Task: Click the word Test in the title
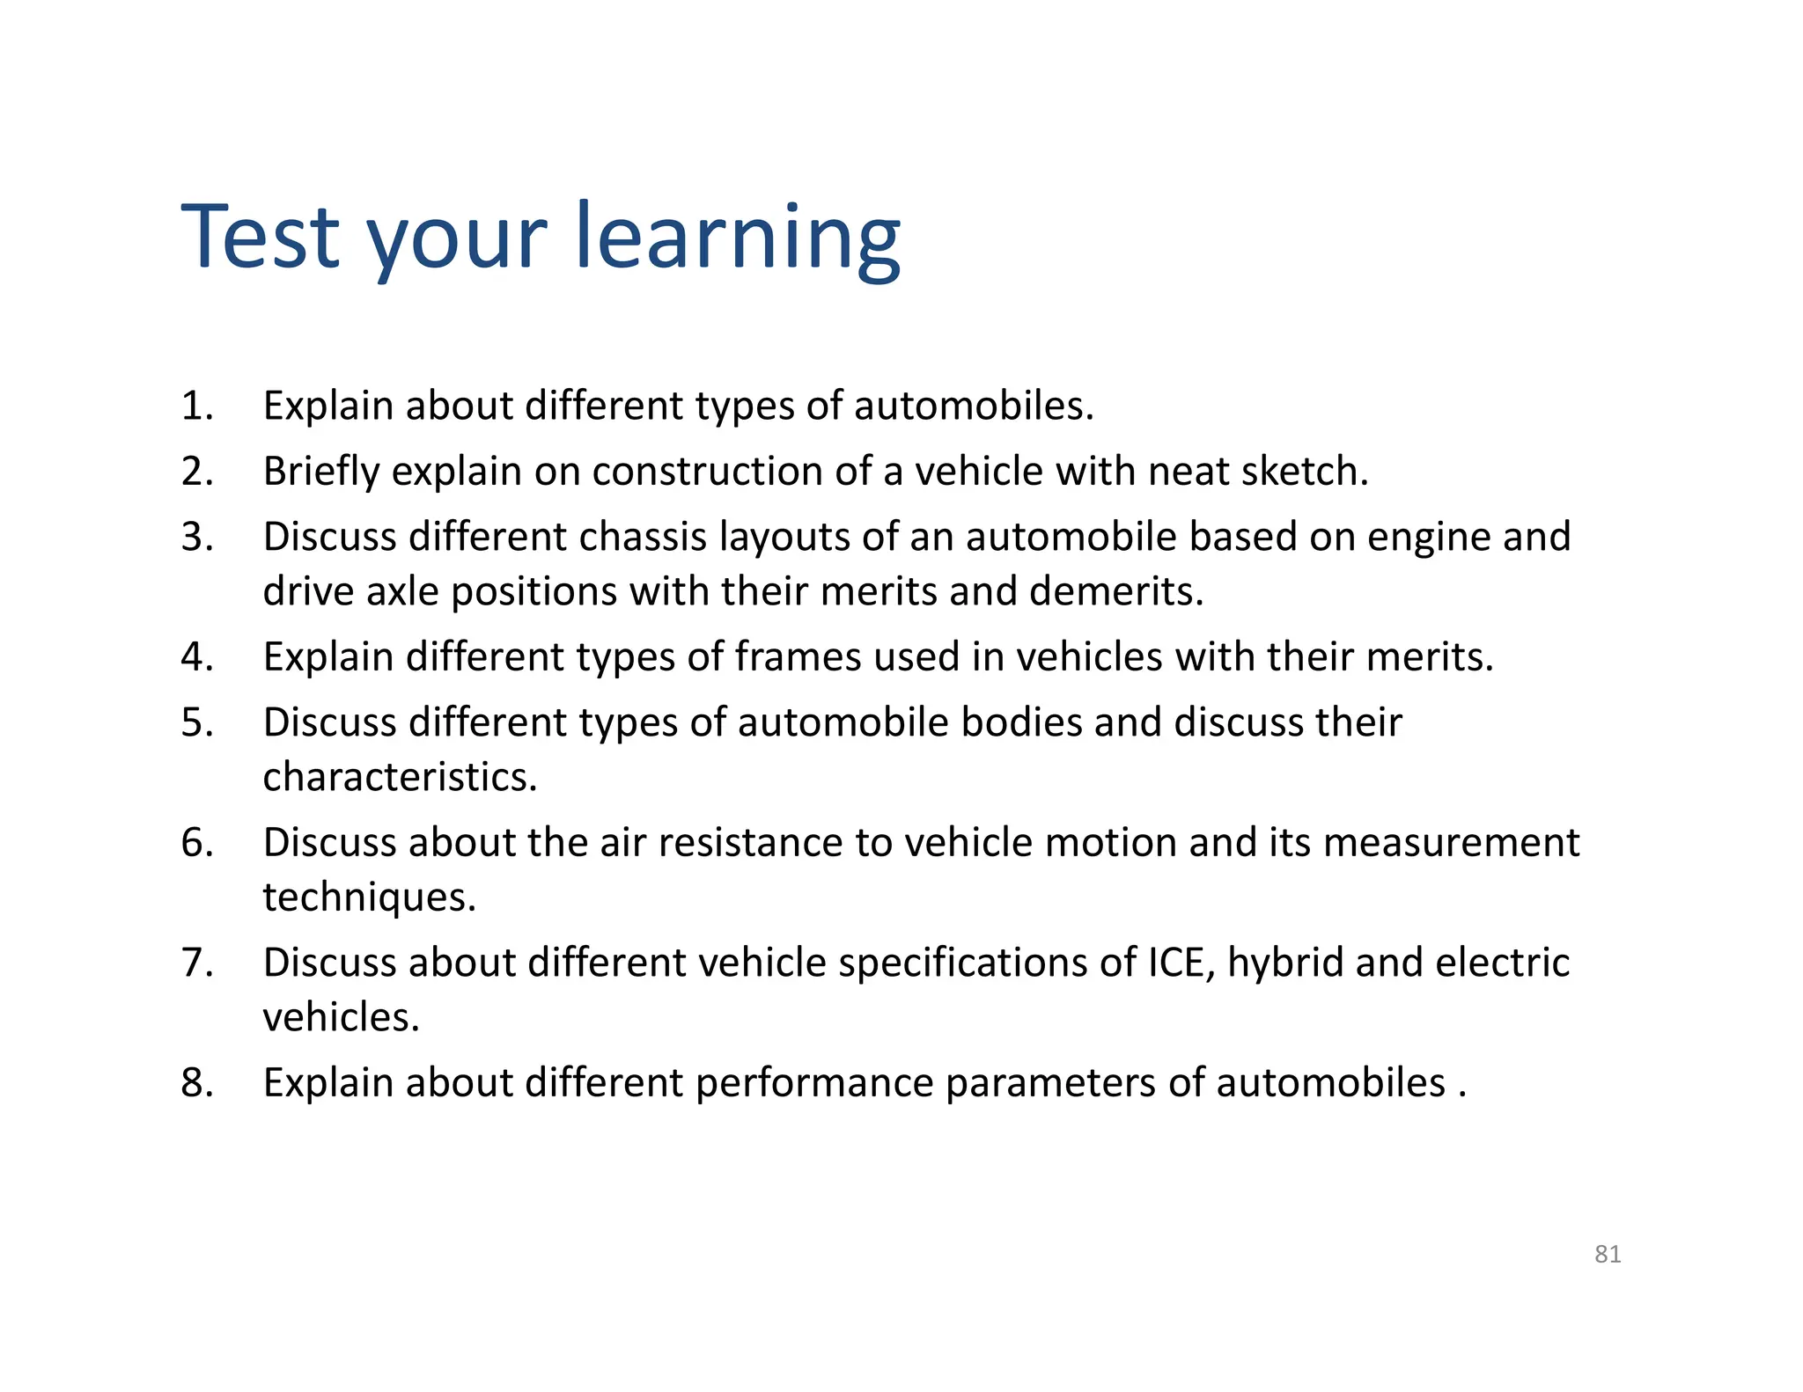261,237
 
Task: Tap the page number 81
1608,1254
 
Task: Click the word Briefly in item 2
320,473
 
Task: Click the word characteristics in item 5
399,777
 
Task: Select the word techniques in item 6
369,897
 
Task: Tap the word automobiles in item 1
972,407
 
